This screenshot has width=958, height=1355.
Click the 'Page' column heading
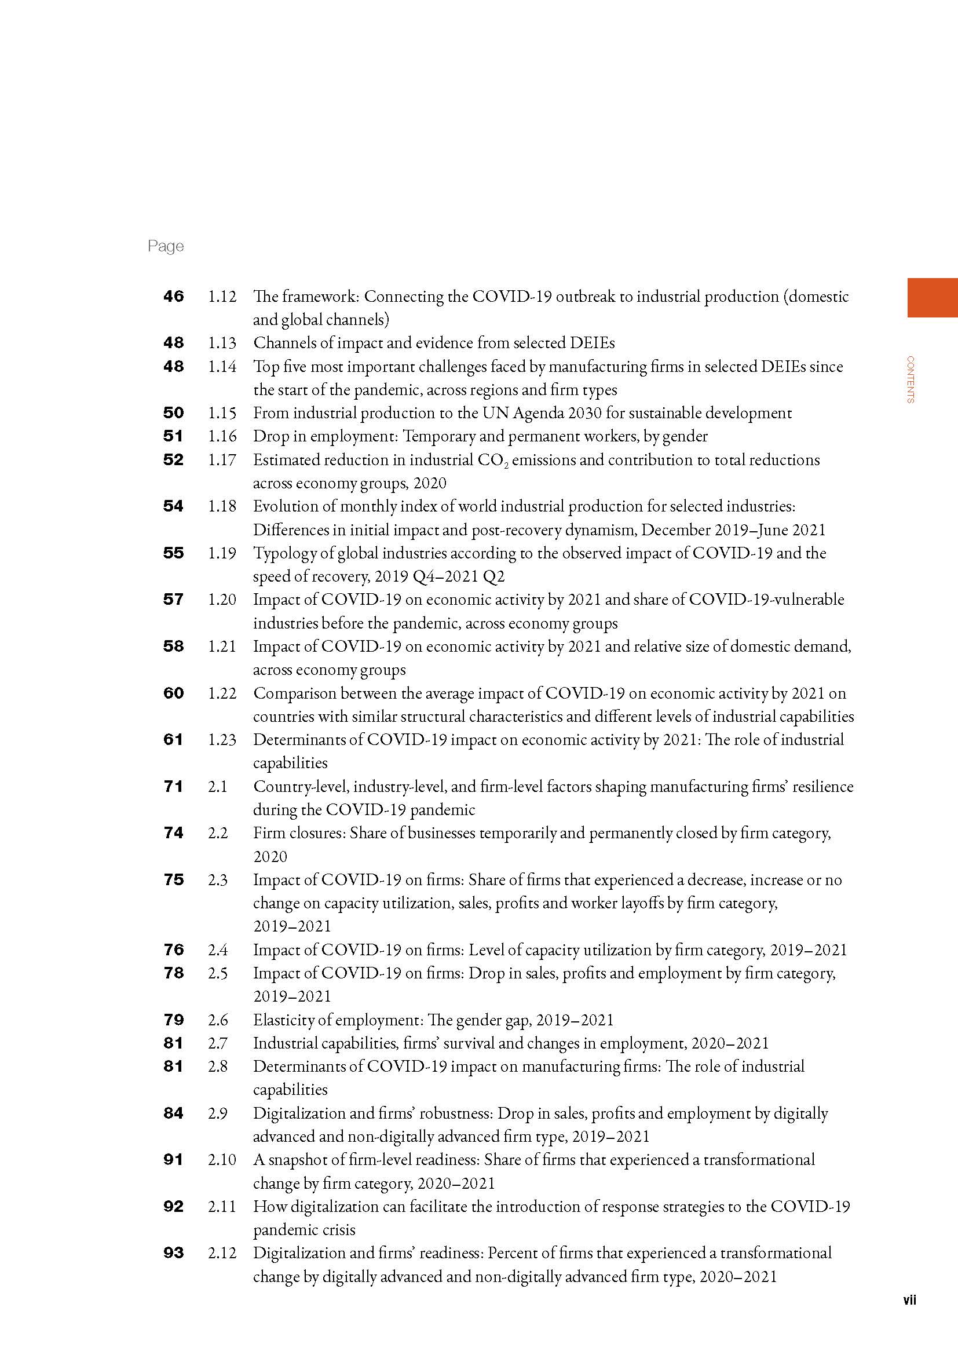(166, 246)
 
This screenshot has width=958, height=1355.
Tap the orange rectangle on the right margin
(932, 297)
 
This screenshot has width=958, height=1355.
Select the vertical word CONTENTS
(911, 379)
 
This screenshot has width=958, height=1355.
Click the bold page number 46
(173, 296)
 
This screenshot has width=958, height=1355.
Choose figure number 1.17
(222, 460)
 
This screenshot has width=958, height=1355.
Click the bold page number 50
(173, 413)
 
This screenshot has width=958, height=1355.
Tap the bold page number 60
(173, 693)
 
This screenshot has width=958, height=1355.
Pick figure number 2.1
(217, 787)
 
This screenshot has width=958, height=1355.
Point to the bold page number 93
(173, 1253)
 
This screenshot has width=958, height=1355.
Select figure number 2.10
(222, 1160)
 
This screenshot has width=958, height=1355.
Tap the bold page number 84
(173, 1113)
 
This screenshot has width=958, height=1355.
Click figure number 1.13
(222, 343)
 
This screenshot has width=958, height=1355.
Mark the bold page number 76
(173, 950)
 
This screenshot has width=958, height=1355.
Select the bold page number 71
(173, 787)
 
